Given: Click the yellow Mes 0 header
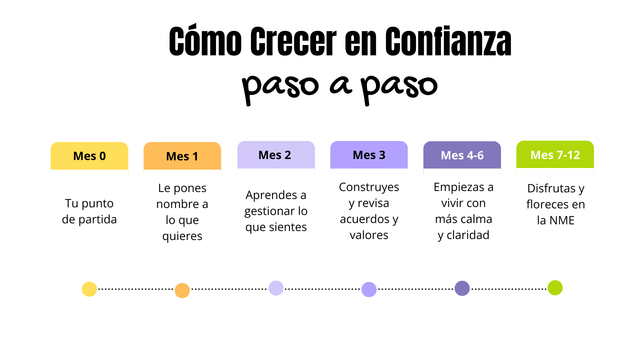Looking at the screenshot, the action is tap(89, 156).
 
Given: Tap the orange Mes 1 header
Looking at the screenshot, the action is tap(182, 156).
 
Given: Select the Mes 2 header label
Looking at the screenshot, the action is tap(275, 155).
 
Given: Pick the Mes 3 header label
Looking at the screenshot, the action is tap(369, 155).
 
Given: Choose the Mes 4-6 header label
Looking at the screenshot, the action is tap(462, 155).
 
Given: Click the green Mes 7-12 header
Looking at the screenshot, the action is tap(555, 155).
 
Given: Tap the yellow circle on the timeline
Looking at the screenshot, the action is tap(89, 289).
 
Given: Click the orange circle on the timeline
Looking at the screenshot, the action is tap(182, 290).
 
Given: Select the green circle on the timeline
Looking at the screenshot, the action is tap(555, 288).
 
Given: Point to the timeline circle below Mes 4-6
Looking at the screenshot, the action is tap(462, 288).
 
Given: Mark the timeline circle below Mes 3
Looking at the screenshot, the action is tap(369, 289).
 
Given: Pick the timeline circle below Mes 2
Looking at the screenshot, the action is tap(276, 288).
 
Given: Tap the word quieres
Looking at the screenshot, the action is tap(182, 236).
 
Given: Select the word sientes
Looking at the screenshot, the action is tap(288, 227).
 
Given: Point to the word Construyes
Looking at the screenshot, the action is tap(369, 187).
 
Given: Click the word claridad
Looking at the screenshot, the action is tap(468, 235).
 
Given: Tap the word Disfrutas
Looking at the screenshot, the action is tap(551, 188).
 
